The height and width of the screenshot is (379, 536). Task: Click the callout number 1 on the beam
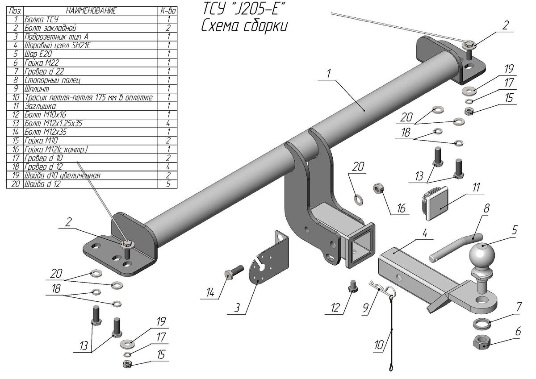pyautogui.click(x=329, y=74)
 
